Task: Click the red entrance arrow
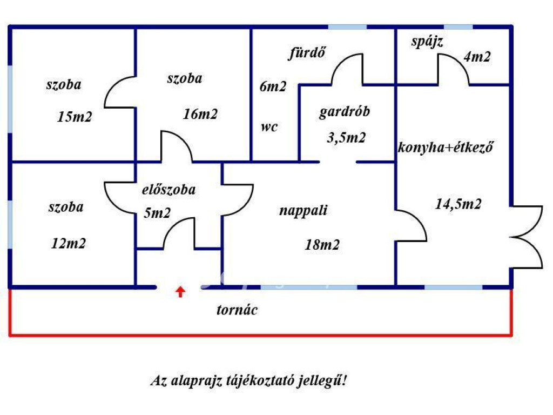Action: [180, 292]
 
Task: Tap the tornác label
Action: [237, 310]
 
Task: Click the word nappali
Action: [304, 211]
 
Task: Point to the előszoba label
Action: [169, 190]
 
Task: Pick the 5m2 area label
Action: [157, 212]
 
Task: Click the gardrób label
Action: [345, 113]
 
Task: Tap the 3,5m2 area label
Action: [346, 138]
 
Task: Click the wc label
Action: [268, 127]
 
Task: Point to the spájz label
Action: [427, 42]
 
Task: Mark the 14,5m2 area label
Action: [458, 204]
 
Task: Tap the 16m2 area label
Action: [200, 114]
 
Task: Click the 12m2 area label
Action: [68, 244]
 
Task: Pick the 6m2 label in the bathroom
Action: [273, 86]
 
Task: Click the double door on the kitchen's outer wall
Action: [527, 236]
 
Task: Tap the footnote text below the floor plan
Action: [248, 380]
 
